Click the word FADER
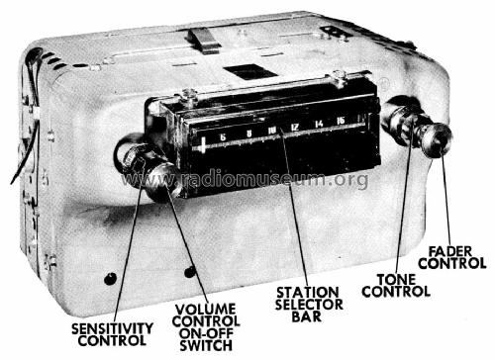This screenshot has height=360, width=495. [x=450, y=251]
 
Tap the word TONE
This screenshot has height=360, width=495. [x=396, y=280]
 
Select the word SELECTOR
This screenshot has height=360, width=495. [x=309, y=305]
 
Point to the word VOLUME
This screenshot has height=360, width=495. [x=205, y=310]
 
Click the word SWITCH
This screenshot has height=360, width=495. [x=206, y=345]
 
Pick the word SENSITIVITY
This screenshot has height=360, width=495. [x=112, y=328]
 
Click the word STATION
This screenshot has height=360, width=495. [x=307, y=293]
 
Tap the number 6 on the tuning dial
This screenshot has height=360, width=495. [x=223, y=137]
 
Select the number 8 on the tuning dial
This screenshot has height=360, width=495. [x=249, y=134]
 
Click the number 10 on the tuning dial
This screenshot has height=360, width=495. [x=272, y=131]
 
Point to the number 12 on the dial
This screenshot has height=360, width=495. [x=295, y=128]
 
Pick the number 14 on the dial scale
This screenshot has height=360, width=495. [x=319, y=124]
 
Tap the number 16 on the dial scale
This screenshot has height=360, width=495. [x=341, y=121]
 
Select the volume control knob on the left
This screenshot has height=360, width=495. [x=163, y=181]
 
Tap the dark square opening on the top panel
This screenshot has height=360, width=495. [x=249, y=72]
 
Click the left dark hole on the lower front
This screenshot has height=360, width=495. [x=110, y=279]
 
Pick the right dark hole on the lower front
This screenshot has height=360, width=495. [x=190, y=272]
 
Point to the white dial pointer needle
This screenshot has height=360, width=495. [x=203, y=145]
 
